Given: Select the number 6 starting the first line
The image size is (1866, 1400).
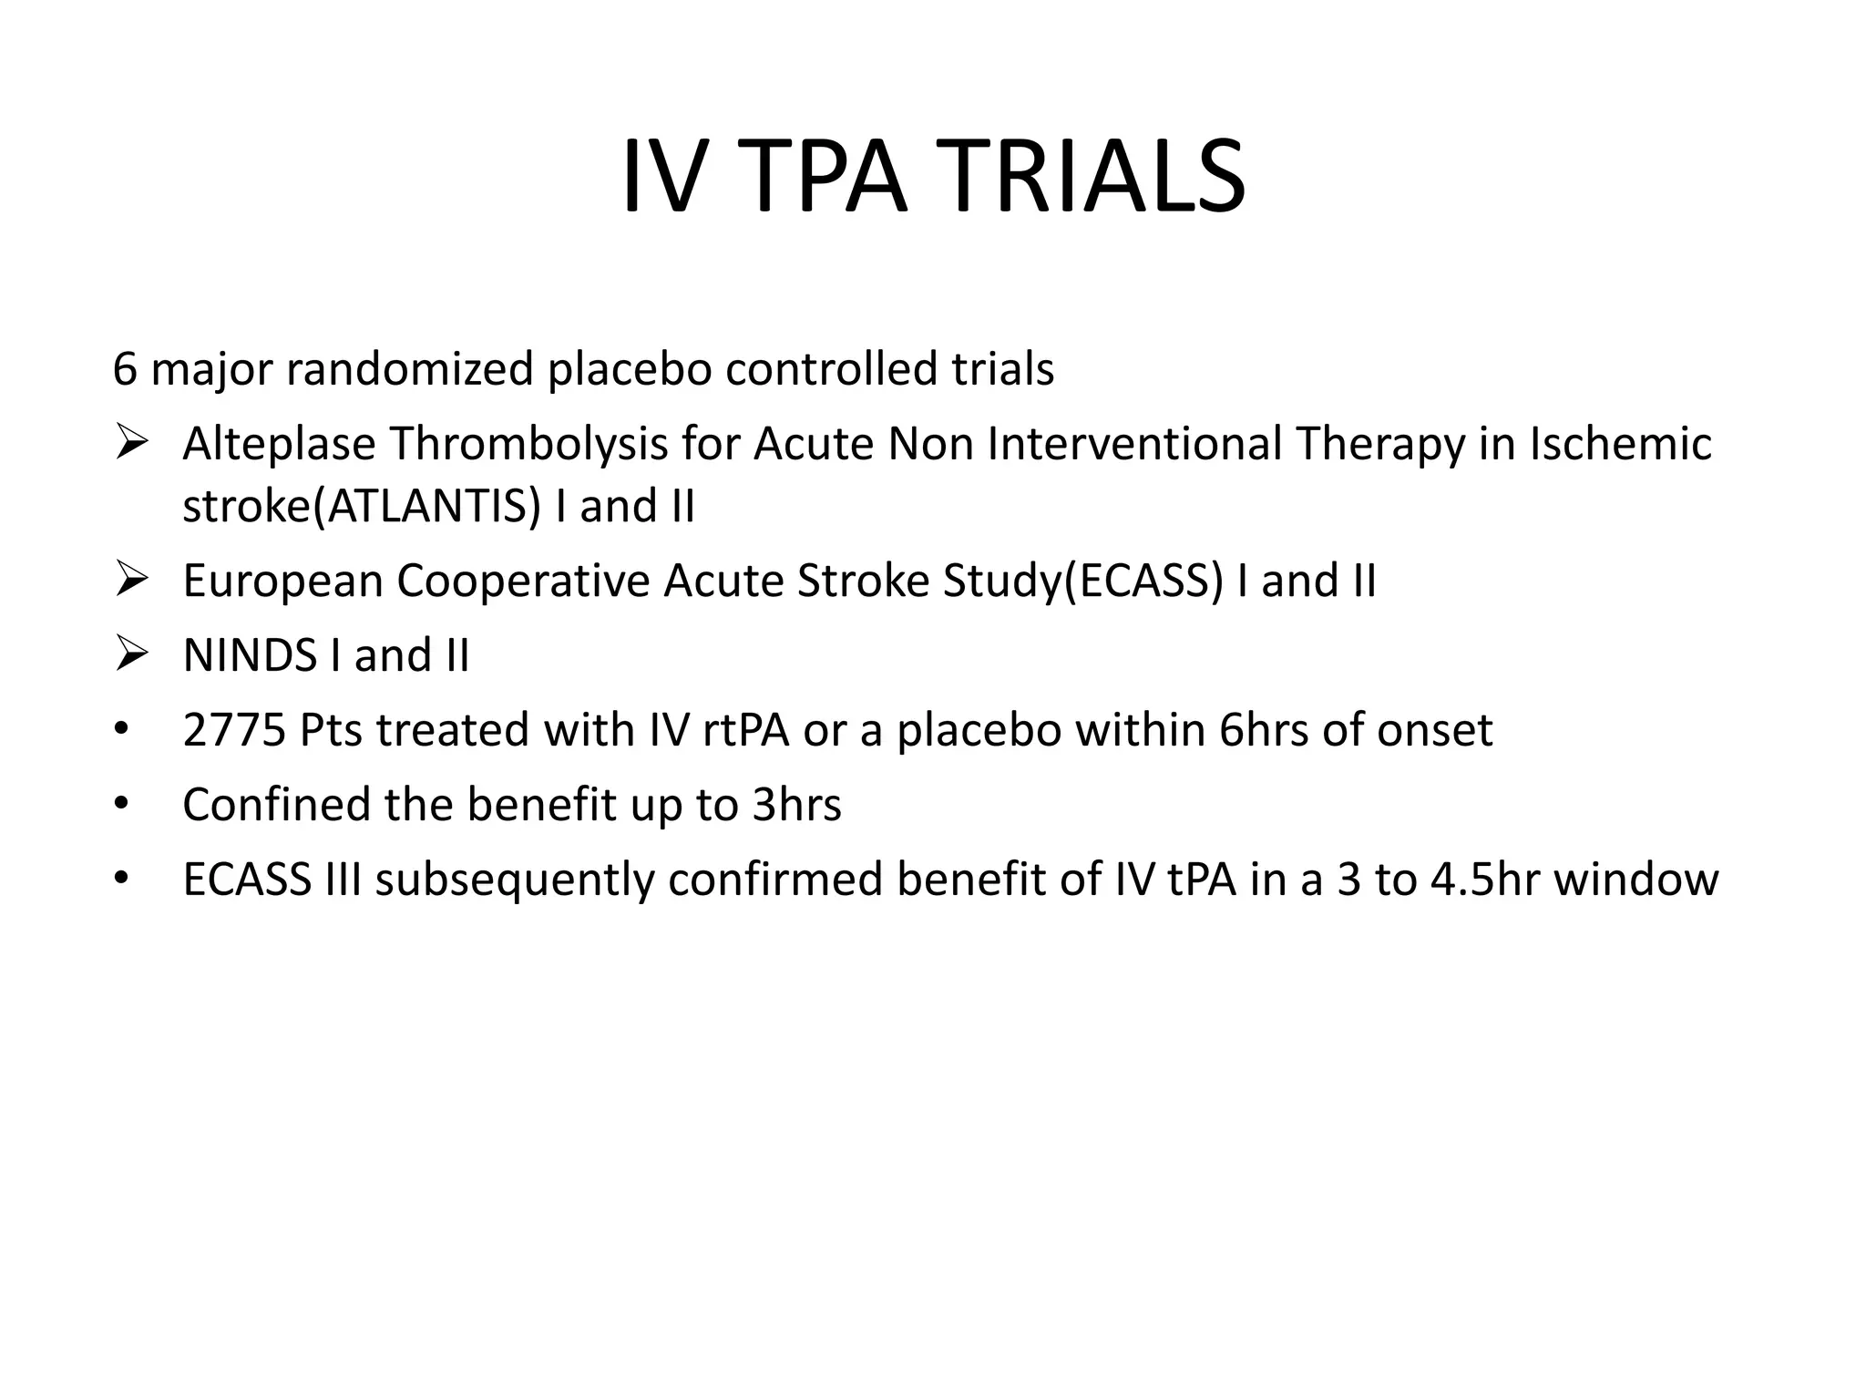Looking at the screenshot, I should click(125, 369).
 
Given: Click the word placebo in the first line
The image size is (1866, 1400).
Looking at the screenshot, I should click(629, 369).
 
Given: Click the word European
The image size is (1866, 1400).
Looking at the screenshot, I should click(282, 581).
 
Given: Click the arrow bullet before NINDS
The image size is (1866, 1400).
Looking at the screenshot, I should click(132, 655).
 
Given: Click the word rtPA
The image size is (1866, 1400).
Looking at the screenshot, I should click(739, 730).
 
